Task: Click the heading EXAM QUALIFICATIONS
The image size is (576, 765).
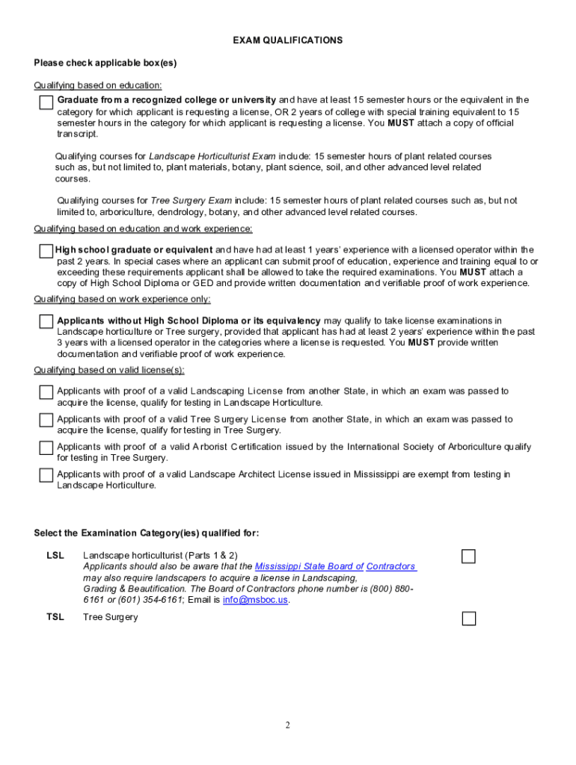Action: [x=287, y=40]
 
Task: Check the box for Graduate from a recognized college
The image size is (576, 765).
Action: [x=46, y=102]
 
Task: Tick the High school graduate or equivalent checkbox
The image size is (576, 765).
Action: [x=46, y=252]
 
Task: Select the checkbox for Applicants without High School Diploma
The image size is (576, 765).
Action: [x=46, y=321]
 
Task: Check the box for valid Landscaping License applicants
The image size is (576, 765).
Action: [x=46, y=392]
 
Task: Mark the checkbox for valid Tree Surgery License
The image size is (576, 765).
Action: [x=46, y=420]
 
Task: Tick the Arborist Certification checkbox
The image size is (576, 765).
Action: [x=46, y=447]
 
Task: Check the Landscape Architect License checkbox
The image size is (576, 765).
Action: [x=46, y=475]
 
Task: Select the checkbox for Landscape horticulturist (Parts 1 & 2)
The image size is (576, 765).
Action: [x=468, y=556]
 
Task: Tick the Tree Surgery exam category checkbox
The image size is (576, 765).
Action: [x=468, y=618]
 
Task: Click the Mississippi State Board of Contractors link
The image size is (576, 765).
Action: [x=335, y=566]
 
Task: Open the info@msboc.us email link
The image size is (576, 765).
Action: [x=255, y=599]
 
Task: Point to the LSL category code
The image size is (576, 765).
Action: [x=55, y=555]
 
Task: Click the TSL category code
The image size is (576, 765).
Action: [x=55, y=617]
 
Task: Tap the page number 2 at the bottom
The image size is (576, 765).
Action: [x=287, y=725]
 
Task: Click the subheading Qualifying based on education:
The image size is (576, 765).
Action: [x=98, y=85]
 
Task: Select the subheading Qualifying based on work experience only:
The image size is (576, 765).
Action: [x=122, y=299]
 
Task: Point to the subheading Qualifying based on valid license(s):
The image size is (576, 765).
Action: [x=109, y=370]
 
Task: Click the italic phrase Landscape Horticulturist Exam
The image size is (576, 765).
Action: [x=212, y=156]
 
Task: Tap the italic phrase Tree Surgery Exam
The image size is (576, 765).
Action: [x=192, y=200]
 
